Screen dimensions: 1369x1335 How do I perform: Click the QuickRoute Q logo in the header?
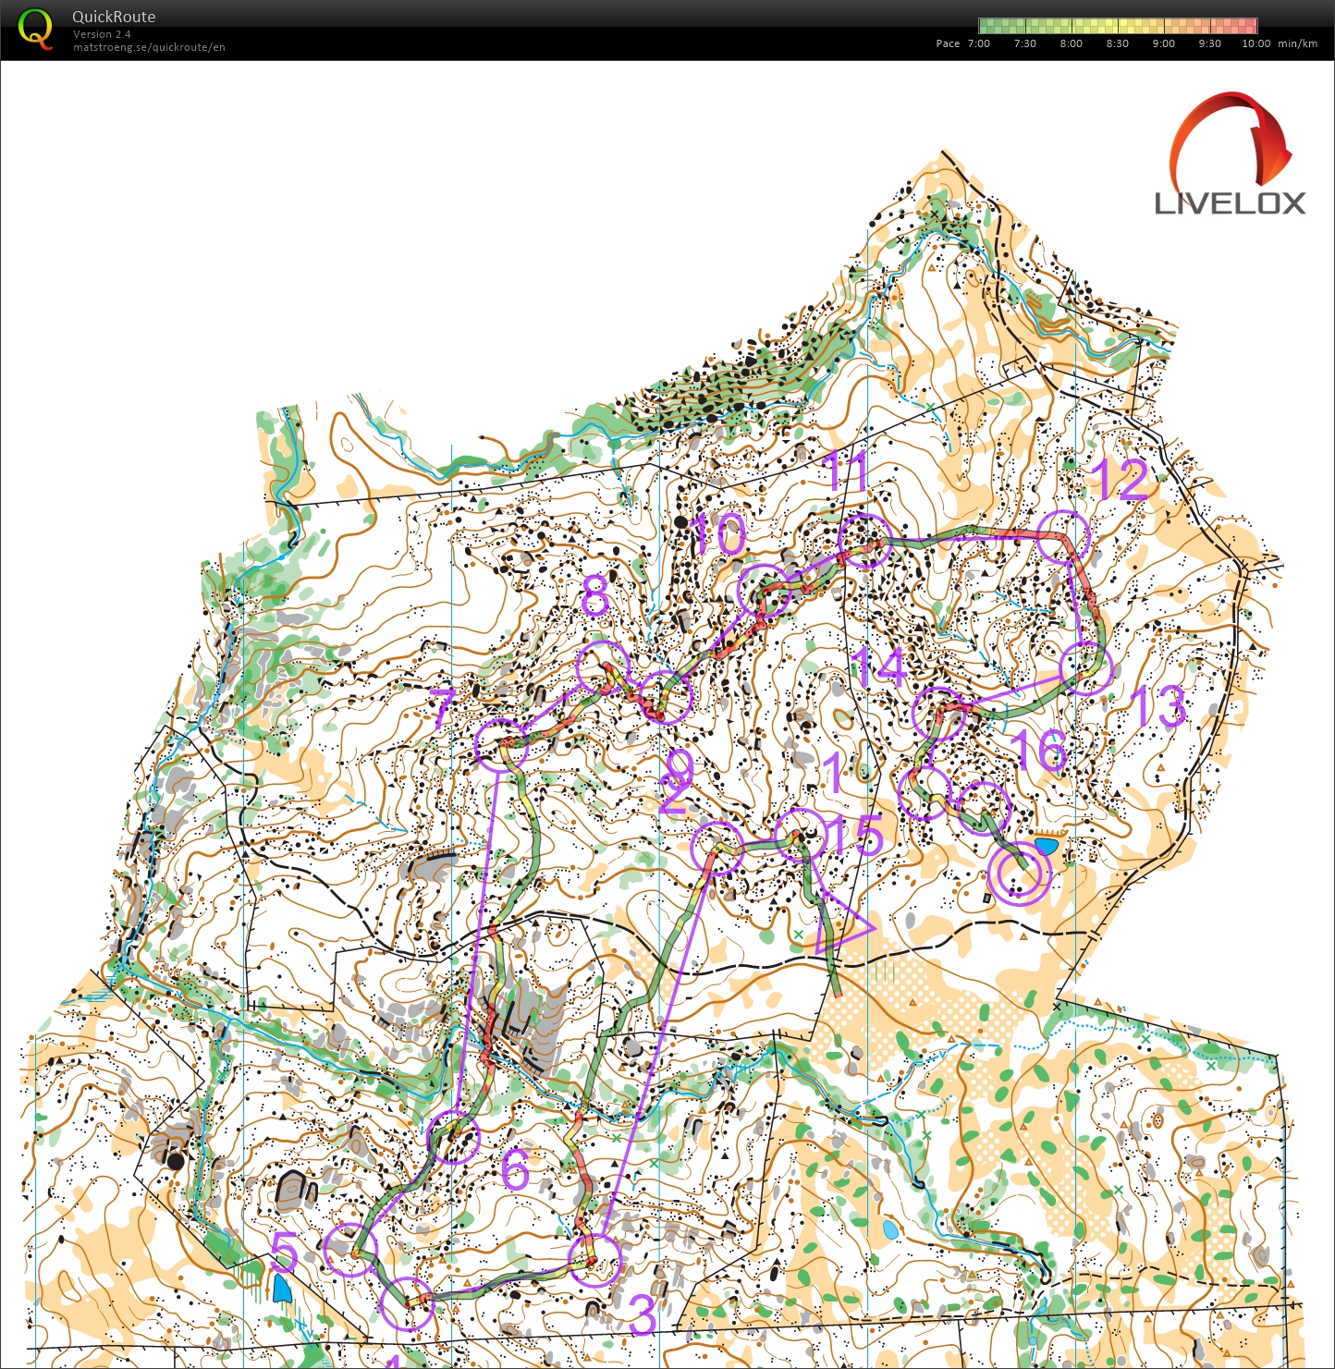(35, 29)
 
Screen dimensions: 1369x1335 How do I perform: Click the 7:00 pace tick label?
(978, 43)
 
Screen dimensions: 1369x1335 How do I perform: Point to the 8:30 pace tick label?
(1117, 43)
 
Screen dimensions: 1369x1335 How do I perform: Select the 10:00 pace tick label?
(1255, 43)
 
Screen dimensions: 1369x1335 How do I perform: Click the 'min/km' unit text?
(1297, 43)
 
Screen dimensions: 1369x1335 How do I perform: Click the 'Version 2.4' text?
(102, 34)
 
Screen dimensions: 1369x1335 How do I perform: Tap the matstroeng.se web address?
(149, 47)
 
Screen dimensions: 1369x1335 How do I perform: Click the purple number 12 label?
(1121, 479)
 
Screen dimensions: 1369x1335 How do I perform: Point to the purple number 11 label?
(846, 471)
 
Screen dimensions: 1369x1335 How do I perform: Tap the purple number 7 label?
(444, 709)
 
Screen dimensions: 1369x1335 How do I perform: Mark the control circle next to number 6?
(454, 1138)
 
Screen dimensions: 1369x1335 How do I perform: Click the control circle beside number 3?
(594, 1260)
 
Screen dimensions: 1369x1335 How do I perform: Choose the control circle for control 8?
(603, 666)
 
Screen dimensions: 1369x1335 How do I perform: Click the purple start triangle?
(839, 924)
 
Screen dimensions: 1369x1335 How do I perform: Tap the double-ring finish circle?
(1020, 874)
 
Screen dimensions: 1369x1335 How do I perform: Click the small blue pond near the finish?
(1047, 846)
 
